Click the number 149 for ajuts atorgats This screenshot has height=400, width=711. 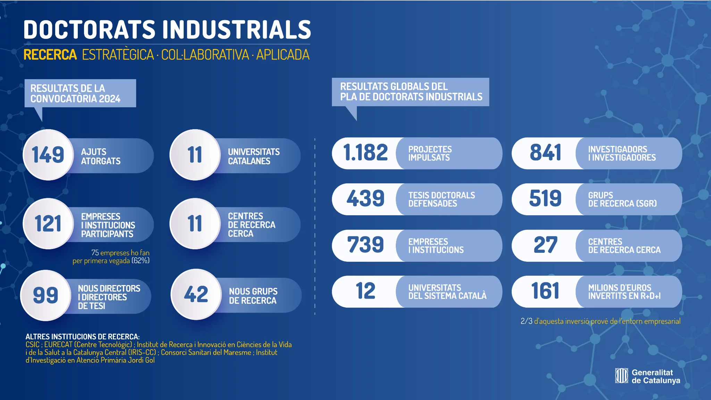pyautogui.click(x=48, y=155)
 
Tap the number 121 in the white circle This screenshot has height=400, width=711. pyautogui.click(x=48, y=224)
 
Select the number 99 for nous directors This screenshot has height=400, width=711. pyautogui.click(x=45, y=295)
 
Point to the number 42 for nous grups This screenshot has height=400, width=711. pyautogui.click(x=196, y=294)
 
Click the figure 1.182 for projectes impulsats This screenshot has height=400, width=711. pyautogui.click(x=365, y=153)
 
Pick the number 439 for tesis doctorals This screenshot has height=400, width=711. pyautogui.click(x=365, y=199)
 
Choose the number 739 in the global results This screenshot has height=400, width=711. pyautogui.click(x=365, y=245)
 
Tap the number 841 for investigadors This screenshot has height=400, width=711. pyautogui.click(x=545, y=153)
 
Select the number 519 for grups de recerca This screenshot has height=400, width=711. pyautogui.click(x=545, y=199)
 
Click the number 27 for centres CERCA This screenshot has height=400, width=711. pyautogui.click(x=545, y=245)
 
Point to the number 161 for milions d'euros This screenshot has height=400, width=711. pyautogui.click(x=545, y=291)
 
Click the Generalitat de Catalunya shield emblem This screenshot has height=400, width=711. pyautogui.click(x=621, y=376)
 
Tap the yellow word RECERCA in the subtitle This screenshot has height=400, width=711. pyautogui.click(x=50, y=55)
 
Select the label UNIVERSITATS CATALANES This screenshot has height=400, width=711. pyautogui.click(x=254, y=157)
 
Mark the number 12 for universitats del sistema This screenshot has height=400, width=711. pyautogui.click(x=365, y=291)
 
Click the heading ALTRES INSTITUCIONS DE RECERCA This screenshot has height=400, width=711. pyautogui.click(x=83, y=337)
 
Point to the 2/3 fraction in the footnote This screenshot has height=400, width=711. pyautogui.click(x=526, y=322)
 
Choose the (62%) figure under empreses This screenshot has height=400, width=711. pyautogui.click(x=141, y=261)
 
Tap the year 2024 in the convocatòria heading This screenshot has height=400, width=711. pyautogui.click(x=110, y=99)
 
